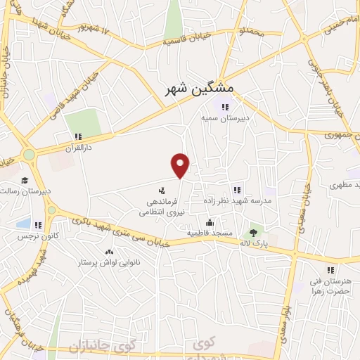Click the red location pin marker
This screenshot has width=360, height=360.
click(x=181, y=165)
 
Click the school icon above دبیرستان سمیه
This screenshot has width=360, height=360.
click(x=224, y=107)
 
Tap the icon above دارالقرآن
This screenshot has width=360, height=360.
click(x=78, y=137)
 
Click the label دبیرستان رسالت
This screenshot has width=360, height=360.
click(x=24, y=191)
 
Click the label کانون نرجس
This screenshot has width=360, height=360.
click(x=37, y=237)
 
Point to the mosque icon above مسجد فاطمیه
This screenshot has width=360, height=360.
click(x=209, y=221)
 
